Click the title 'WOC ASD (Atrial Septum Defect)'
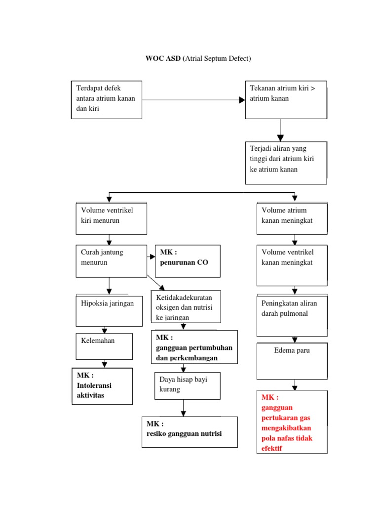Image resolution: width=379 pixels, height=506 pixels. tap(198, 59)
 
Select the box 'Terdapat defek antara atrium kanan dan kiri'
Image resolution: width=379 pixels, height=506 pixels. tap(107, 99)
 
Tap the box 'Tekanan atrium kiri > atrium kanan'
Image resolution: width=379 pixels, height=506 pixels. tap(286, 99)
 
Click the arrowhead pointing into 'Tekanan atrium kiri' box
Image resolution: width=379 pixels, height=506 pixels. tap(242, 100)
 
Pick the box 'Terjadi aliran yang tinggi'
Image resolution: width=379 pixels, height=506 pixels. tap(286, 163)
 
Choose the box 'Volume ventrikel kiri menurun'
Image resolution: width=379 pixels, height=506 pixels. tap(111, 218)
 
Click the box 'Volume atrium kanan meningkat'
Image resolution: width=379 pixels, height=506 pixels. tap(292, 218)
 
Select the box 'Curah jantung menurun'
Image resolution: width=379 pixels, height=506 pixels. tap(111, 260)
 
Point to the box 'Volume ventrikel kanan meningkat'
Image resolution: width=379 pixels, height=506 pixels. tap(292, 265)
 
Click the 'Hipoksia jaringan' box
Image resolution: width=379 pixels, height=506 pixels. tap(109, 311)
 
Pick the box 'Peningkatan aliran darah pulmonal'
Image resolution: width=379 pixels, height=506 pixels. tap(292, 315)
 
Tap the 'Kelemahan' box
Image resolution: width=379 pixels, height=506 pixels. tap(104, 346)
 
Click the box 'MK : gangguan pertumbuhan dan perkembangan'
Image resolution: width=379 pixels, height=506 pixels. tap(194, 347)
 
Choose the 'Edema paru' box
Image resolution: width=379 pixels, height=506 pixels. tap(292, 359)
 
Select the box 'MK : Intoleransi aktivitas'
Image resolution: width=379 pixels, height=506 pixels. tap(102, 386)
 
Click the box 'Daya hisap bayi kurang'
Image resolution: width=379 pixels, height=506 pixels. tap(187, 385)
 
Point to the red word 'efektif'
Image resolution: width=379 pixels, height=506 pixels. tap(272, 448)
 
